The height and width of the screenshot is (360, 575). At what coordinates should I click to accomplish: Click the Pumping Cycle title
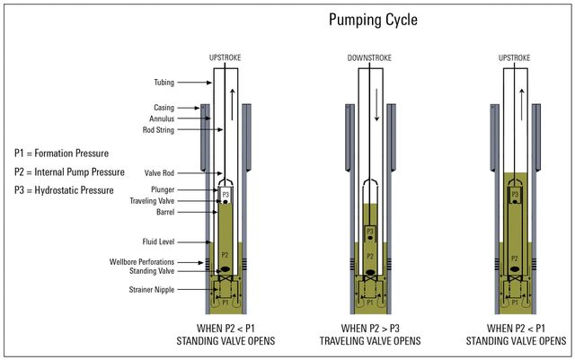pos(373,19)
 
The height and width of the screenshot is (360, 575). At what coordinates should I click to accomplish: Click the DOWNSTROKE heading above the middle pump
pos(368,58)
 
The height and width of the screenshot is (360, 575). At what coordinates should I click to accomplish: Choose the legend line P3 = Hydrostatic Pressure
pos(65,190)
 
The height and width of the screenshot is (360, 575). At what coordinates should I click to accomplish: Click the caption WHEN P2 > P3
pos(368,328)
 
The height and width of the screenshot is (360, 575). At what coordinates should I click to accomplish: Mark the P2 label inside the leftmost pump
pos(224,253)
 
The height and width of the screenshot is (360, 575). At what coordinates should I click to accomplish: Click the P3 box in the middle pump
pos(368,231)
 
